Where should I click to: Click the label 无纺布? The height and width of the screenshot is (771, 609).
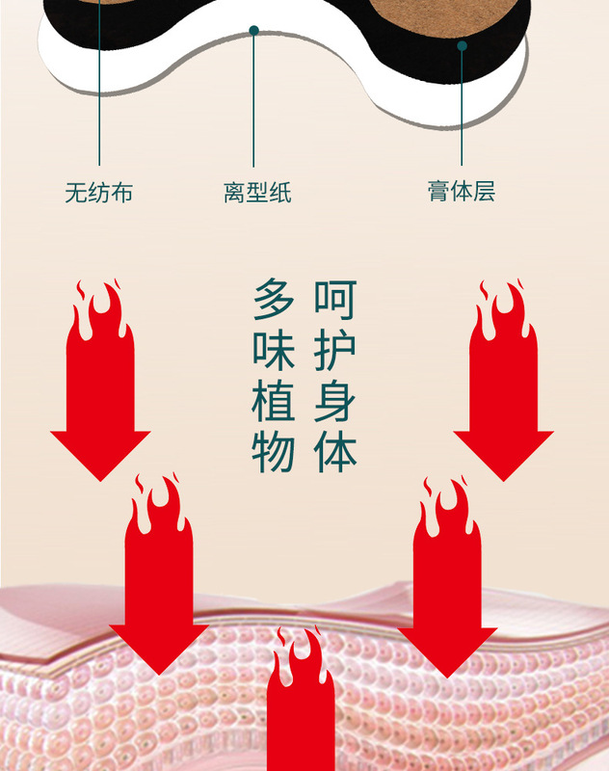click(98, 193)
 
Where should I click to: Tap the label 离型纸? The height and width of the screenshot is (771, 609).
click(256, 193)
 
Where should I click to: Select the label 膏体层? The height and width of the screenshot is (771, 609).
click(461, 191)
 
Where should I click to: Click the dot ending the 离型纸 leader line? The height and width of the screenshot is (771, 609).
click(253, 31)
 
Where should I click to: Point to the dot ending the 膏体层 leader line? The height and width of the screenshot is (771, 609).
click(462, 45)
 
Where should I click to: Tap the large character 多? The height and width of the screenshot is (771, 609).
click(274, 300)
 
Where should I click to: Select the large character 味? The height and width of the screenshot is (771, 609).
click(274, 351)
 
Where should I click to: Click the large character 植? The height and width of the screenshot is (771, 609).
click(274, 402)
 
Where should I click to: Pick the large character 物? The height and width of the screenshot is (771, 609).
click(274, 453)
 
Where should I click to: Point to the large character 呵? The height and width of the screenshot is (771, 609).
click(334, 300)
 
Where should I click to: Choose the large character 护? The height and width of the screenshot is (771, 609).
click(334, 351)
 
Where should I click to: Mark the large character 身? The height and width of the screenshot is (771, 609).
click(334, 402)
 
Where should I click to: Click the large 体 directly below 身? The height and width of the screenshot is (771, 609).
click(334, 453)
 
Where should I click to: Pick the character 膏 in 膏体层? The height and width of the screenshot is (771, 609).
click(439, 191)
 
